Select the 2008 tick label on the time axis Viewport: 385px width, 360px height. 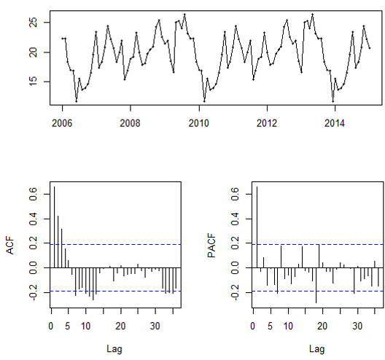[x=130, y=121]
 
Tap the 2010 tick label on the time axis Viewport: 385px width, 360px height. [x=198, y=121]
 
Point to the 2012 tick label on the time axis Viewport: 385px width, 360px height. [x=267, y=121]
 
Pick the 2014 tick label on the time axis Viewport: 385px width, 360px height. [x=335, y=121]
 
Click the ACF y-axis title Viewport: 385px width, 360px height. [x=10, y=249]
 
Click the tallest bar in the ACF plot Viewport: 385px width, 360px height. [x=54, y=229]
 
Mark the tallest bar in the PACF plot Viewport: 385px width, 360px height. [x=257, y=229]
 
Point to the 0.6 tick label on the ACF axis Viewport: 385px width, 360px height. [x=33, y=193]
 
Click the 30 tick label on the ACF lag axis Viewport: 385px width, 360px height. [x=155, y=326]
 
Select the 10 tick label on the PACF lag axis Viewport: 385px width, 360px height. [x=288, y=326]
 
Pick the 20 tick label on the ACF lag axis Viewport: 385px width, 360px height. [x=120, y=326]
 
